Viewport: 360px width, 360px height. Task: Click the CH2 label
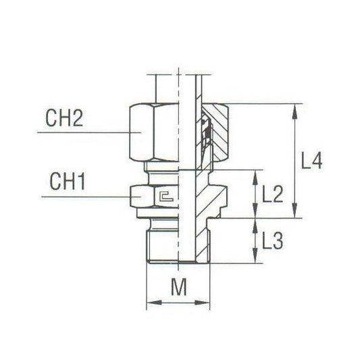pyautogui.click(x=66, y=120)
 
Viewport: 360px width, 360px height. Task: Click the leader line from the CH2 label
pyautogui.click(x=81, y=134)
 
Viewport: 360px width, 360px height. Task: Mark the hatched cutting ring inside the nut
pyautogui.click(x=206, y=135)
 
